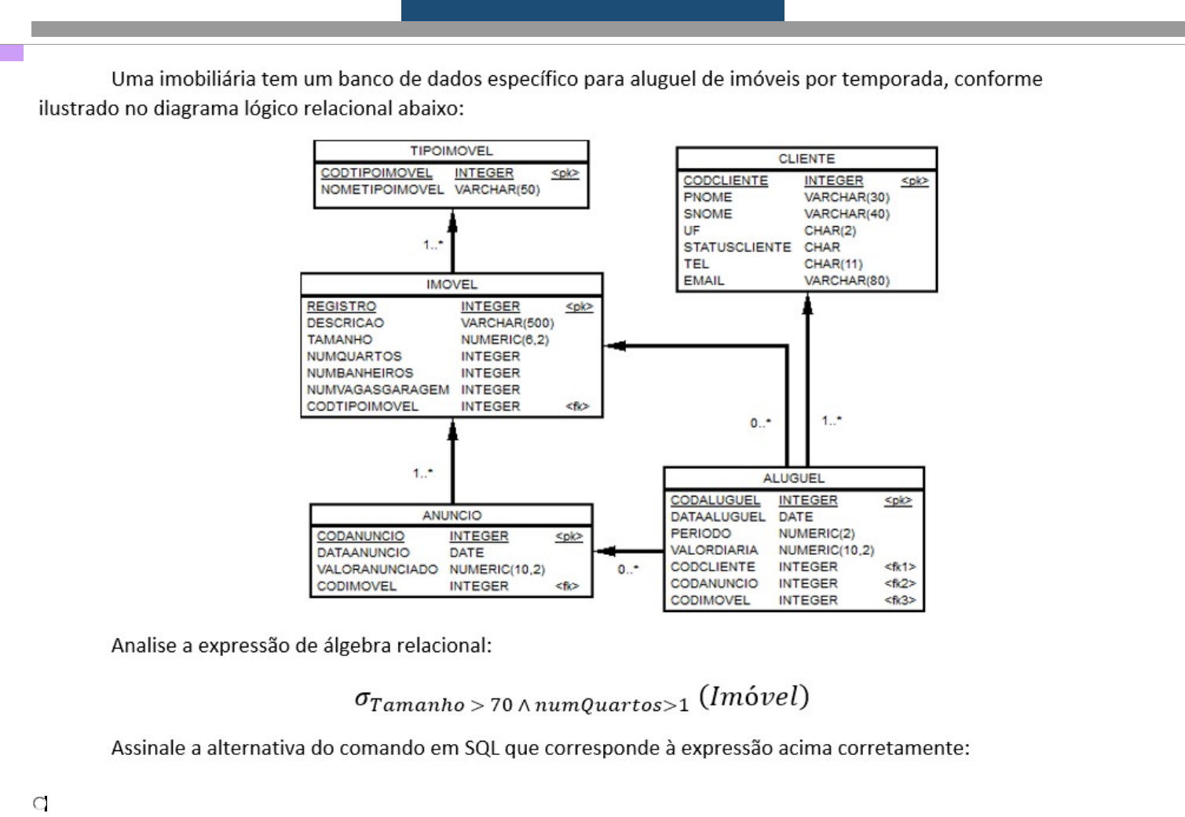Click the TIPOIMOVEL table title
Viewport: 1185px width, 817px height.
451,151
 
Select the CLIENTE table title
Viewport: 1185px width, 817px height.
806,159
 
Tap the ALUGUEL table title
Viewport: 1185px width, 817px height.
793,478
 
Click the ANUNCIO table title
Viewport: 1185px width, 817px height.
452,515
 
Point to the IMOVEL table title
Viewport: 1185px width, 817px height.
452,284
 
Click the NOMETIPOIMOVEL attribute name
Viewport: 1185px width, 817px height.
382,189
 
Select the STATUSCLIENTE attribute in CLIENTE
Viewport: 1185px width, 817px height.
737,247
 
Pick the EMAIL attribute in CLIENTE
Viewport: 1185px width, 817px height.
704,280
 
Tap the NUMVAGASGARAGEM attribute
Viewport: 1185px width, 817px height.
378,389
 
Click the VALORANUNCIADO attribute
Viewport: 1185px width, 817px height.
377,569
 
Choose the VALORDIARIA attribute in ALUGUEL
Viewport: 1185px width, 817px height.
714,550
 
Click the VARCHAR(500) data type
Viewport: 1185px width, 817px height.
507,323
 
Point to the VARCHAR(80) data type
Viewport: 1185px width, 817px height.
847,280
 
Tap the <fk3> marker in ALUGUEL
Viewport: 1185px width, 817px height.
900,600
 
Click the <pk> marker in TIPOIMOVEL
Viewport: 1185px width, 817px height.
565,173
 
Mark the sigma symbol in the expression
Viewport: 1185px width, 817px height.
362,698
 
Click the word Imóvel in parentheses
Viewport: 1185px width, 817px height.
754,696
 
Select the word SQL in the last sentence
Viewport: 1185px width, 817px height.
481,747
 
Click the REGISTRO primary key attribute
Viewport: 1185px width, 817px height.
341,306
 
